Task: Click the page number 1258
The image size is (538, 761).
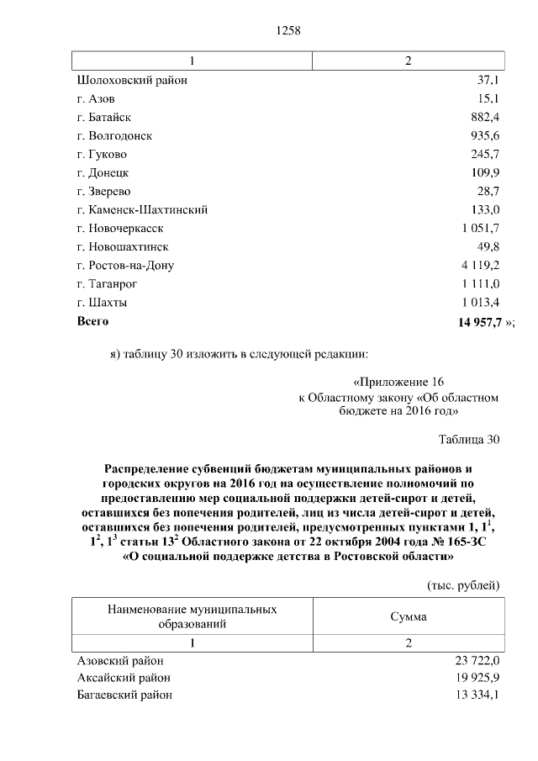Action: pyautogui.click(x=288, y=31)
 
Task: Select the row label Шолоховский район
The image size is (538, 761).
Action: pyautogui.click(x=132, y=81)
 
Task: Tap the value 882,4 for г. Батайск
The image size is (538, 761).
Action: pyautogui.click(x=484, y=118)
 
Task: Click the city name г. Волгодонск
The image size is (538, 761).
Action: pyautogui.click(x=114, y=136)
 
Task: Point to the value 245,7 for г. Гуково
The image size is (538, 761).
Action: pyautogui.click(x=485, y=155)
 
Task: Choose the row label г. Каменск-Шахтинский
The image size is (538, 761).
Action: pyautogui.click(x=142, y=210)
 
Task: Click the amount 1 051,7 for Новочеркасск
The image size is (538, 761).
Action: pyautogui.click(x=479, y=229)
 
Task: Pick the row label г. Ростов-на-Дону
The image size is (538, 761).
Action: pyautogui.click(x=125, y=266)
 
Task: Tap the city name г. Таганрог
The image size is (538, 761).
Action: pyautogui.click(x=107, y=284)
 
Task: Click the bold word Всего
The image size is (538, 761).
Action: pyautogui.click(x=92, y=321)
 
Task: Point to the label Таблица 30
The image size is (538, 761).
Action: pyautogui.click(x=469, y=440)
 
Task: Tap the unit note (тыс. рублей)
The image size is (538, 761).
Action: pyautogui.click(x=464, y=584)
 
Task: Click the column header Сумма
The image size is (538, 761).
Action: pyautogui.click(x=408, y=617)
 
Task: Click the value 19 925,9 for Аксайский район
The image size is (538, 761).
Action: pyautogui.click(x=477, y=678)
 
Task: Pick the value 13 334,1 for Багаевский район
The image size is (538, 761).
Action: pyautogui.click(x=477, y=695)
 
